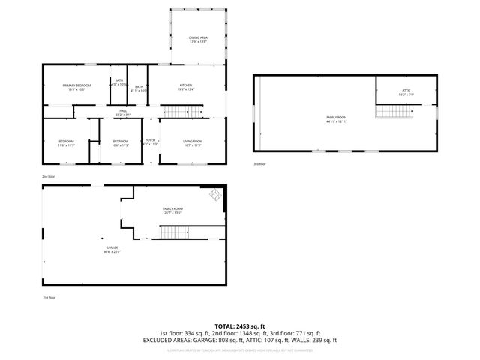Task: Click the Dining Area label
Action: coord(199,38)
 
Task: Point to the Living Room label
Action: coord(193,142)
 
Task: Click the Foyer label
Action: coord(150,142)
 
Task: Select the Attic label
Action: coord(406,92)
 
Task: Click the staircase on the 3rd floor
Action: coord(394,112)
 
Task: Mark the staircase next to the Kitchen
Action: coord(184,112)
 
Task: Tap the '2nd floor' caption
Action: coord(49,176)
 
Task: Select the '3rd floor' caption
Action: coord(259,164)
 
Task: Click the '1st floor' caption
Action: coord(49,298)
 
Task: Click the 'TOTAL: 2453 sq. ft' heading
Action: coord(239,325)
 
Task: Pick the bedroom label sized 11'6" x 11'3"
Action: coord(67,142)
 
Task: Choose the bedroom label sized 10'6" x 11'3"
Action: coord(121,142)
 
